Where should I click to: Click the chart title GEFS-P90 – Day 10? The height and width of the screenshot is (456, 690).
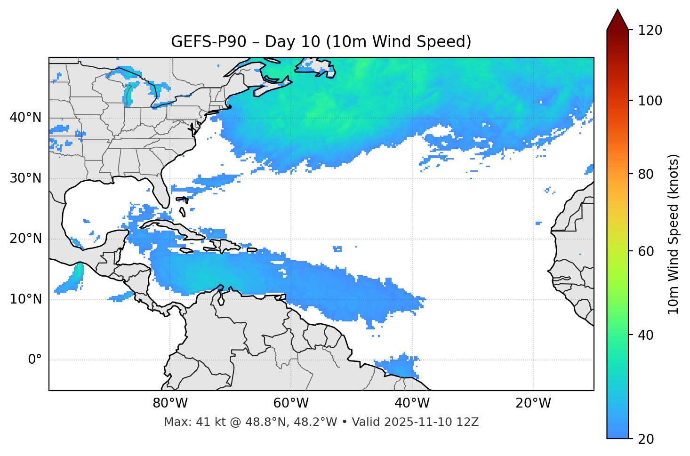tap(321, 42)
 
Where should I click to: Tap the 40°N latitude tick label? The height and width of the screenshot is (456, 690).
tap(25, 118)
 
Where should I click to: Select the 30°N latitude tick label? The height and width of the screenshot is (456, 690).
tap(25, 178)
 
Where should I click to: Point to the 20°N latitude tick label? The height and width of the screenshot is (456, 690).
tap(25, 239)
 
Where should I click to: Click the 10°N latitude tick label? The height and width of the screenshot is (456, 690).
tap(25, 299)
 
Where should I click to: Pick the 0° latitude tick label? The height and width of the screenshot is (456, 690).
tap(35, 360)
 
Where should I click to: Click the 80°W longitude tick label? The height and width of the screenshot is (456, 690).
tap(170, 403)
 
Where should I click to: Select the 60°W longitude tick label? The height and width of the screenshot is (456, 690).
tap(291, 403)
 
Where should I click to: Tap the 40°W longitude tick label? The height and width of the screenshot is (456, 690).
tap(412, 403)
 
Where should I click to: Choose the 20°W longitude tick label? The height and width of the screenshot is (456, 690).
tap(533, 403)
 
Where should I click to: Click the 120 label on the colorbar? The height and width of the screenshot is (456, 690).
tap(650, 31)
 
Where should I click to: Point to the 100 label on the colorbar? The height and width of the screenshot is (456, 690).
tap(650, 101)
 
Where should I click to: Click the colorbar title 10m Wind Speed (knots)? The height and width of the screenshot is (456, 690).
tap(674, 234)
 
